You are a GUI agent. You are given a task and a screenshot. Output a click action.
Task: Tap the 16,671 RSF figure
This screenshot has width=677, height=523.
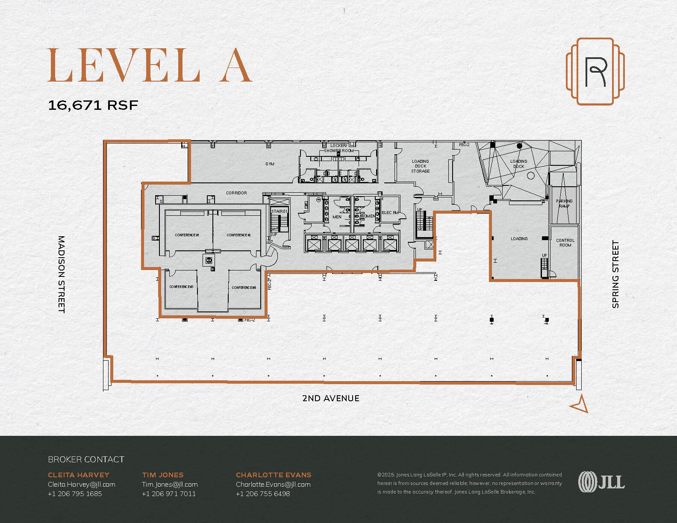pos(93,105)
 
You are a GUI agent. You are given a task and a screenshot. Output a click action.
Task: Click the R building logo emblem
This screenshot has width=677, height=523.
pos(595,71)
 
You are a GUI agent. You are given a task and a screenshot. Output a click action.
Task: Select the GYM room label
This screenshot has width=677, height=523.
pos(270,164)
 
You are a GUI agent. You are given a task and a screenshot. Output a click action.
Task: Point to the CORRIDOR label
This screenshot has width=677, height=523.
pos(236,193)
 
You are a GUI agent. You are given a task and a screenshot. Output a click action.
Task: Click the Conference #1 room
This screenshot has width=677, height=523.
pos(187,235)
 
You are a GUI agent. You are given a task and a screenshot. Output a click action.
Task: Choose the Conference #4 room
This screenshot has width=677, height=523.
pos(244,288)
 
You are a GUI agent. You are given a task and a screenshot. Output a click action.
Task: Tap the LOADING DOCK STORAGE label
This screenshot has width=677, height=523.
pos(421,166)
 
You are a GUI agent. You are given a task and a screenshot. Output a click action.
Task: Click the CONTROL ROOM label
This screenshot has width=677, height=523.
pos(565,243)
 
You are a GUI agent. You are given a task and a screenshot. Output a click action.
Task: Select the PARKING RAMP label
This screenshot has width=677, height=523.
pos(564,203)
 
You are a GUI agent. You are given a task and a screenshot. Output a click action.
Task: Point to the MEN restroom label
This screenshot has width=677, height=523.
pos(337,217)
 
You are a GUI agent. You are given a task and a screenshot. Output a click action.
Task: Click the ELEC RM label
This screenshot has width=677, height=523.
pos(390,213)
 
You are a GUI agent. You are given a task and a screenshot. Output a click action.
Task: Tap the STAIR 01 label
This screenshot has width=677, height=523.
pos(280,212)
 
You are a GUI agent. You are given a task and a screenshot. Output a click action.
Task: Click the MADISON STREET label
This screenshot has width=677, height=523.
pos(62,274)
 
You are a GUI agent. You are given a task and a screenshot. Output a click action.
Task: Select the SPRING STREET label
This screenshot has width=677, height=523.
pos(615,274)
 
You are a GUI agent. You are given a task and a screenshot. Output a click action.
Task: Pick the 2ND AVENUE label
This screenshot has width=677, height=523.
pos(331,398)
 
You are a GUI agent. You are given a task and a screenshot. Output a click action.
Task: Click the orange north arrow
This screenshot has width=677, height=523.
pos(580,404)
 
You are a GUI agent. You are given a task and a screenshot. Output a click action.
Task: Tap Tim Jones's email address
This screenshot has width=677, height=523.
pos(170,485)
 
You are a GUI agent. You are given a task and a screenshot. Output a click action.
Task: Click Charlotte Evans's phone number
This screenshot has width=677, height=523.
pos(263,494)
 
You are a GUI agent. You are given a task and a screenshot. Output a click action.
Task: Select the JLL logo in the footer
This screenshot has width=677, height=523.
pos(601,482)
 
